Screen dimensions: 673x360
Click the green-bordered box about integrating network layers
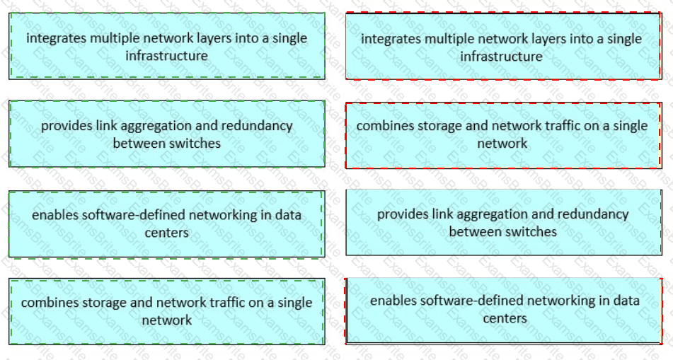(167, 46)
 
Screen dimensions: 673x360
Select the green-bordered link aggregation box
(167, 134)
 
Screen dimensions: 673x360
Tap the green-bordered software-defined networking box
(167, 224)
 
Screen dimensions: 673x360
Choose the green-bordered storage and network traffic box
(167, 311)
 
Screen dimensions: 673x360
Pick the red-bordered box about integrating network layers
(503, 46)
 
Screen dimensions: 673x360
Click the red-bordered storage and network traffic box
(503, 135)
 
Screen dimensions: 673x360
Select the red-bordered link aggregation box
(503, 222)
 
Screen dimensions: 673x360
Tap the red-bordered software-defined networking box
(503, 310)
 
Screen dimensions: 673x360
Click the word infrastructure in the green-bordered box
(166, 56)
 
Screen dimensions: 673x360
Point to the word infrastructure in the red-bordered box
(501, 57)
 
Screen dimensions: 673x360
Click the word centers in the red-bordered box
(505, 318)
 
